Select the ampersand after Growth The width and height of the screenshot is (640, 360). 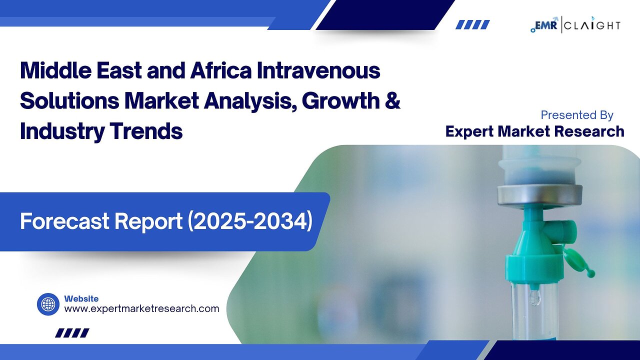click(392, 101)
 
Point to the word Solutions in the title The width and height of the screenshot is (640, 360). click(69, 101)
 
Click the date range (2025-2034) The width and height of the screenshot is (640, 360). click(250, 221)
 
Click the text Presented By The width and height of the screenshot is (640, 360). click(576, 115)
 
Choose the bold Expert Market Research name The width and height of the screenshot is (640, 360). click(534, 131)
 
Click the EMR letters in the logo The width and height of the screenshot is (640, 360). click(548, 25)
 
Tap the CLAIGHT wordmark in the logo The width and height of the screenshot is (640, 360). click(593, 25)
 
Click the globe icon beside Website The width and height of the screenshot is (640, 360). click(48, 304)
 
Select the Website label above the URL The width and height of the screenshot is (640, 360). click(81, 298)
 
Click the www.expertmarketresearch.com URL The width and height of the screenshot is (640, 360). click(141, 308)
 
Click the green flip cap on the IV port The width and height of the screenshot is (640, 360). click(580, 263)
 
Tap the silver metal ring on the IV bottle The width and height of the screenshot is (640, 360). click(539, 195)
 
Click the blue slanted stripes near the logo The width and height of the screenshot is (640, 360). click(472, 24)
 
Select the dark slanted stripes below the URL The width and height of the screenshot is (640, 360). click(72, 333)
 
